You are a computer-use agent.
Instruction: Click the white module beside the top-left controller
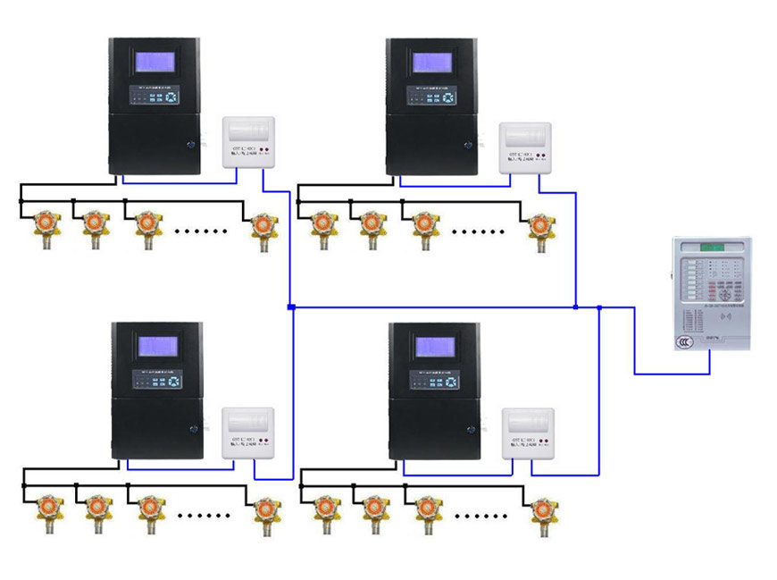click(x=246, y=143)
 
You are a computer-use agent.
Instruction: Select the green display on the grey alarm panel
click(x=714, y=247)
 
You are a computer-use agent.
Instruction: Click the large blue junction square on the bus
click(x=291, y=307)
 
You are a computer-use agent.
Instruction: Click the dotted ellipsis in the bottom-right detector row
click(x=480, y=515)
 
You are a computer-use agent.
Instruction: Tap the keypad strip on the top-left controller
click(x=155, y=95)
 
